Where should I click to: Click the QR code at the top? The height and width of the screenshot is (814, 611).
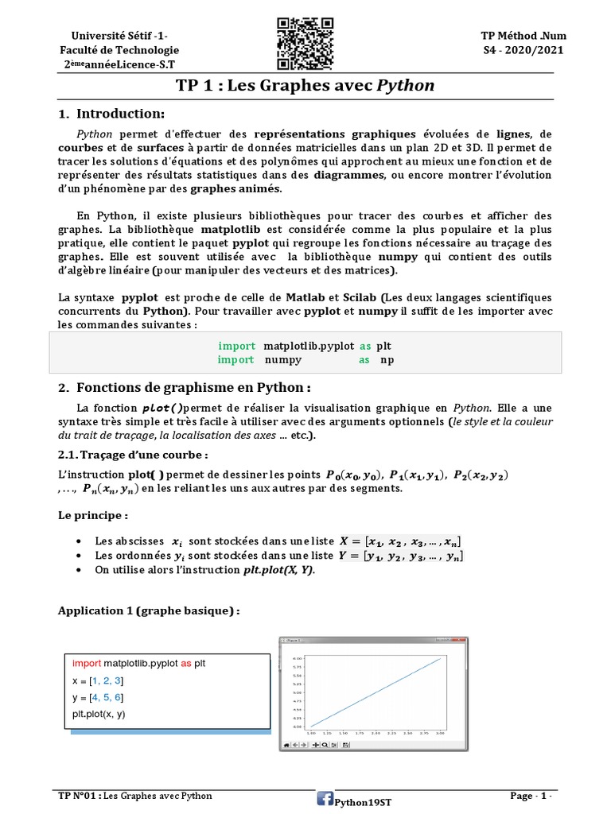click(305, 43)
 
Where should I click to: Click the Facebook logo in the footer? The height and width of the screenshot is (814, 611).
click(325, 799)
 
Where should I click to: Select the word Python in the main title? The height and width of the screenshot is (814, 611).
click(406, 86)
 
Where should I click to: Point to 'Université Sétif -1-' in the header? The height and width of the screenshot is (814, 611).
click(119, 37)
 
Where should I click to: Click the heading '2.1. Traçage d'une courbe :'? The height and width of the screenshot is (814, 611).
click(134, 455)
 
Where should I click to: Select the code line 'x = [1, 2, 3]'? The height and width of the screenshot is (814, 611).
click(98, 680)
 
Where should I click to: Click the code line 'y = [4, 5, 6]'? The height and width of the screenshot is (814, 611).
click(98, 697)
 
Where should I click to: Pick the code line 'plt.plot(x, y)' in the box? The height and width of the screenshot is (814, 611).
click(99, 714)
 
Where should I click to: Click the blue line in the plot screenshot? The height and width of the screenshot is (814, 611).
click(375, 692)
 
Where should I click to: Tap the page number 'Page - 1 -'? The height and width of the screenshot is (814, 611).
click(531, 796)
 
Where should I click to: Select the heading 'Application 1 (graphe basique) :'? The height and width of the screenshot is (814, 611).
click(148, 610)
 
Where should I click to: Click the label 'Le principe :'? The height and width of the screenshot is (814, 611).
click(92, 515)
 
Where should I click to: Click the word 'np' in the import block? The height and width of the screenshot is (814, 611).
click(387, 360)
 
